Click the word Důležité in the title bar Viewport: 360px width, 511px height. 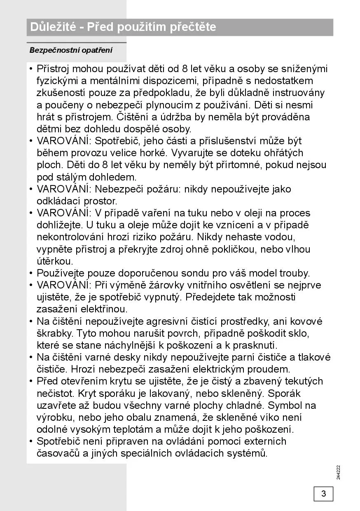pos(53,27)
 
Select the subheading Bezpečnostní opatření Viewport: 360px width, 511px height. pos(71,51)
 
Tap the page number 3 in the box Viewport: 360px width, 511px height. pos(323,493)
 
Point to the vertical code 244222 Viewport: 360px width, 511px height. pos(338,472)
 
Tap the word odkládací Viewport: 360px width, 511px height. pos(56,201)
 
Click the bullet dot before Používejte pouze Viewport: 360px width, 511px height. pos(31,273)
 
